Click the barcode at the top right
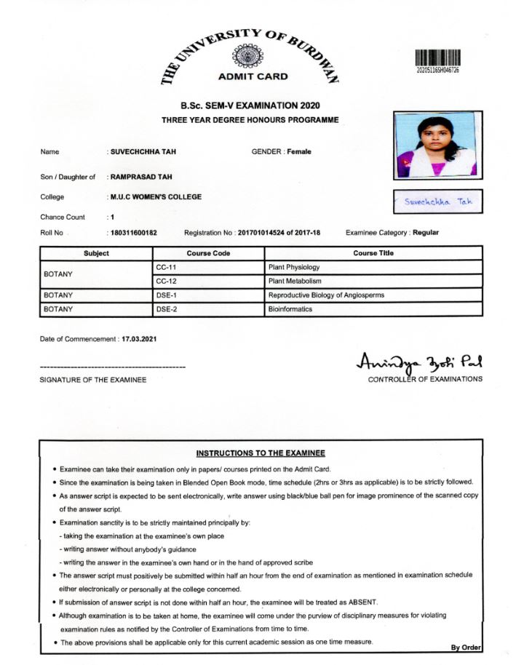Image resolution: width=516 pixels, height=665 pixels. click(x=438, y=58)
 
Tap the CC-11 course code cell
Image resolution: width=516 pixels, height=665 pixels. click(x=167, y=268)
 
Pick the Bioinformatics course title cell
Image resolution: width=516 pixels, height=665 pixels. click(x=290, y=309)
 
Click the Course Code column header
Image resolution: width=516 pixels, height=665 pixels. click(x=208, y=253)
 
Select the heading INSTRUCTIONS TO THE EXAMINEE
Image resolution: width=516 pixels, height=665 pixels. click(x=260, y=453)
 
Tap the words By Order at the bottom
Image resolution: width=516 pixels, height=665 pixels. click(x=466, y=648)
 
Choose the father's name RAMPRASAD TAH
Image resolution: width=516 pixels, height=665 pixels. click(x=141, y=177)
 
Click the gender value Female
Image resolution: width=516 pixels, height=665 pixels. click(x=299, y=151)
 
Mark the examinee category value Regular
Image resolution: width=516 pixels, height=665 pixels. click(x=426, y=233)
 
